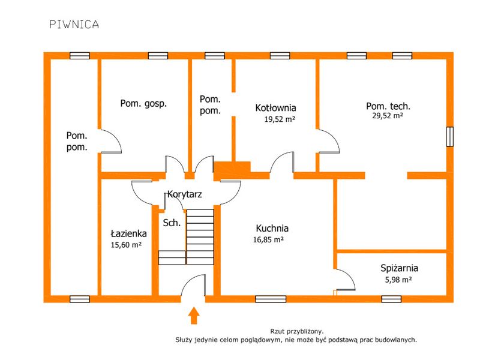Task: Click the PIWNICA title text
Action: coord(74,25)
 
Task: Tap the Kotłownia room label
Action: coord(275,108)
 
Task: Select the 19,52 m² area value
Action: coord(280,119)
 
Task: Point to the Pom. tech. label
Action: coord(388,106)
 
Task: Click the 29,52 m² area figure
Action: coord(388,116)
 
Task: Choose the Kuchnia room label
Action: coord(272,229)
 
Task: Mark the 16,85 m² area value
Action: coord(268,239)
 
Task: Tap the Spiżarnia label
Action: coord(399,268)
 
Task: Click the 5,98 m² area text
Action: coord(398,280)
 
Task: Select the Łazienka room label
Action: coord(128,233)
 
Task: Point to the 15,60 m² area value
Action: coord(126,245)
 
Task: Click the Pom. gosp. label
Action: coord(143,104)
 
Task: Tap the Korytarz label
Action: coord(185,194)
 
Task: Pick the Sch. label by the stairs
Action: coord(172,223)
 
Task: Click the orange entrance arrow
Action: coord(193,316)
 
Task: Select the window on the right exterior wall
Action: coord(449,137)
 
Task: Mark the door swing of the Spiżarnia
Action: coord(346,280)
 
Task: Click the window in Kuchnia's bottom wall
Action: coord(271,299)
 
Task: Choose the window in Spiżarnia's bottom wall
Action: coord(391,299)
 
